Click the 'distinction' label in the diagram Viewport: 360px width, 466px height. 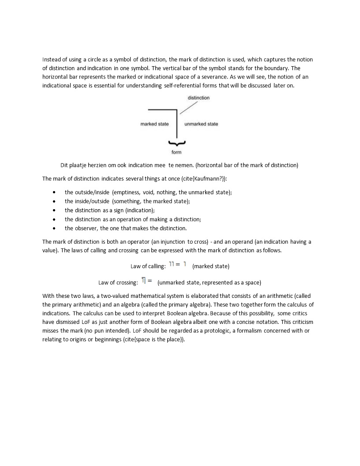199,98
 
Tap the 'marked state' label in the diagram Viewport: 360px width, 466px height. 154,124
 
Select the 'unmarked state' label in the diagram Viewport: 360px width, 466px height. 201,124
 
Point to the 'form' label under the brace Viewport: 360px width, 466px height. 176,152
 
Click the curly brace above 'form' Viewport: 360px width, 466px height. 176,143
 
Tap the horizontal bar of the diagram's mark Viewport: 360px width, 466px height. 162,109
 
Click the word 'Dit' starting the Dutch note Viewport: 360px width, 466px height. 64,165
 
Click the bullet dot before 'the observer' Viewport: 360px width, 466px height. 54,229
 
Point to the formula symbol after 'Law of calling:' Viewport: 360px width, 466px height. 178,264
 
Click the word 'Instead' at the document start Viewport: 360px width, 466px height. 52,59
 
